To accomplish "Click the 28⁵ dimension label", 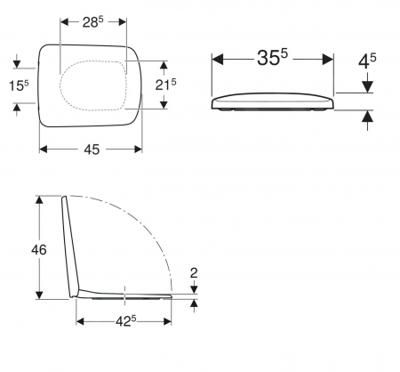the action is pyautogui.click(x=93, y=22).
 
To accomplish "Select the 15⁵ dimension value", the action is pyautogui.click(x=19, y=85).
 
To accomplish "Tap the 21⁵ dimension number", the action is pyautogui.click(x=165, y=85).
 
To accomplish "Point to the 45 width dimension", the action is pyautogui.click(x=92, y=150).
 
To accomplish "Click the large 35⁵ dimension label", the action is pyautogui.click(x=272, y=57).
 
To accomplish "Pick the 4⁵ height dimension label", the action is pyautogui.click(x=367, y=61).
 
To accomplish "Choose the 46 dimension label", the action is pyautogui.click(x=39, y=250).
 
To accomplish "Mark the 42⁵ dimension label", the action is pyautogui.click(x=126, y=320).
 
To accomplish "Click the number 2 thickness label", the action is pyautogui.click(x=194, y=273).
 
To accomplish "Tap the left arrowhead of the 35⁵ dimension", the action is pyautogui.click(x=218, y=59).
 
